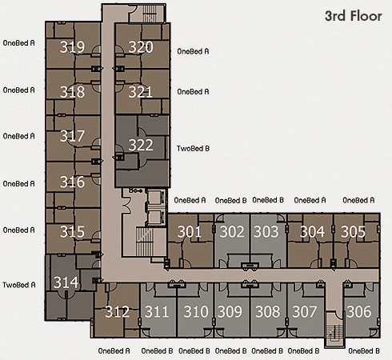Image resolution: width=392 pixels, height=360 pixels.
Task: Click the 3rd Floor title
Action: tap(354, 16)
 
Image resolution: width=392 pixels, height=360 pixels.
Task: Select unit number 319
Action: tap(72, 47)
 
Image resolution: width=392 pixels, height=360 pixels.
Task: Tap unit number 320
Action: tap(141, 47)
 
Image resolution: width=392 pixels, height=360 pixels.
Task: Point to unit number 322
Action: tap(141, 145)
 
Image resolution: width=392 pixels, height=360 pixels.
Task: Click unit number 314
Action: tap(66, 282)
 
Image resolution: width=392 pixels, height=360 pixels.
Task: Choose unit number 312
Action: tap(118, 311)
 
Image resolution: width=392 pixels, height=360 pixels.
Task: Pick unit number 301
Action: tap(190, 231)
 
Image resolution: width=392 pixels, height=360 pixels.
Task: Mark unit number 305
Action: tap(353, 231)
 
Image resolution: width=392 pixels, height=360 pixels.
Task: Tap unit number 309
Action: tap(230, 311)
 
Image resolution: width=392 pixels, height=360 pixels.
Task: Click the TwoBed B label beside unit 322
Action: tap(193, 149)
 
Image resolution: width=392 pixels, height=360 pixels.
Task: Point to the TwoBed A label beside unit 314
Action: tap(19, 285)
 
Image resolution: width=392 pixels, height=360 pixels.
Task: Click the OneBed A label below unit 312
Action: tap(114, 351)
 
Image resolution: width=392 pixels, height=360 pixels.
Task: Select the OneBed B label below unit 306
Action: tap(364, 351)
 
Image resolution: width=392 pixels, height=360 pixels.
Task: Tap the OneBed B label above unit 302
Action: tap(230, 200)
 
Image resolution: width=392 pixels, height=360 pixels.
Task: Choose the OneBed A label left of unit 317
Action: tap(18, 136)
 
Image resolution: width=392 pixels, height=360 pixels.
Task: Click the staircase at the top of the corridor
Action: tap(152, 14)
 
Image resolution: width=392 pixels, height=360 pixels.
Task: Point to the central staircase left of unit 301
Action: tap(145, 242)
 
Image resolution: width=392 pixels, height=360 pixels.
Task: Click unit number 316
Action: tap(72, 182)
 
